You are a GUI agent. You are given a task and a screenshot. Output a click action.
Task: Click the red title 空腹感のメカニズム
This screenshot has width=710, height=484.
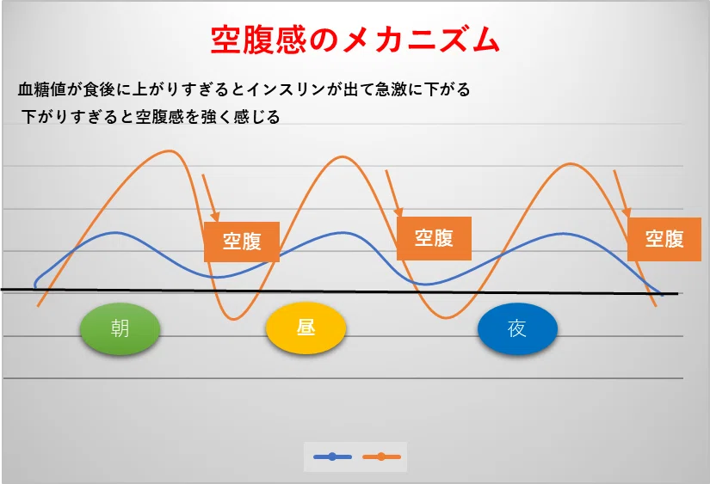(355, 40)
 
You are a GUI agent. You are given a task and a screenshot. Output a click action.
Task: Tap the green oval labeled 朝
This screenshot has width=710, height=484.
(120, 329)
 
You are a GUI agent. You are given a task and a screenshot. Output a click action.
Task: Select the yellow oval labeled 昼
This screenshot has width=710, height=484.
(306, 328)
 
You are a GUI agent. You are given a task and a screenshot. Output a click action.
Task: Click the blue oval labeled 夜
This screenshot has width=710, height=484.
(517, 329)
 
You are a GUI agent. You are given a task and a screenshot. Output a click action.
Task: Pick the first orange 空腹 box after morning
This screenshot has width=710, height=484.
(242, 242)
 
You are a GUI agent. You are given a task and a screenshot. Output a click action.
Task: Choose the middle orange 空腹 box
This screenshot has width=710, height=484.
(434, 238)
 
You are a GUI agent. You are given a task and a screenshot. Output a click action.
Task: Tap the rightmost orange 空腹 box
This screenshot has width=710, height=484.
(664, 239)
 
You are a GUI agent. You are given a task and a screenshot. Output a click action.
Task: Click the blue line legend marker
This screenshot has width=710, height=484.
(332, 456)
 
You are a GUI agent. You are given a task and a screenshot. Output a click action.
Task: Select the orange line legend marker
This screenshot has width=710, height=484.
(382, 456)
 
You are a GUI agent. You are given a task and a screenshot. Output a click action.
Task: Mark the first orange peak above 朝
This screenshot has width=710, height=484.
(170, 150)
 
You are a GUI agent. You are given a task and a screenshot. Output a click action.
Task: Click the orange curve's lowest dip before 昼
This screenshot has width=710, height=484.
(233, 319)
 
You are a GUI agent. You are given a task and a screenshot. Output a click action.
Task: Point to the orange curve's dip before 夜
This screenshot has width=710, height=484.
(446, 317)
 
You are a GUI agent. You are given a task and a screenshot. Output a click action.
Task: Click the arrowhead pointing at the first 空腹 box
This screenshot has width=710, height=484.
(215, 217)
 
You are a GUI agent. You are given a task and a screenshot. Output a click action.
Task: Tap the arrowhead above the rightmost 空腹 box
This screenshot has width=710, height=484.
(627, 212)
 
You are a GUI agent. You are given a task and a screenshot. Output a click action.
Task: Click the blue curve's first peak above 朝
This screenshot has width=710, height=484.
(115, 233)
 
